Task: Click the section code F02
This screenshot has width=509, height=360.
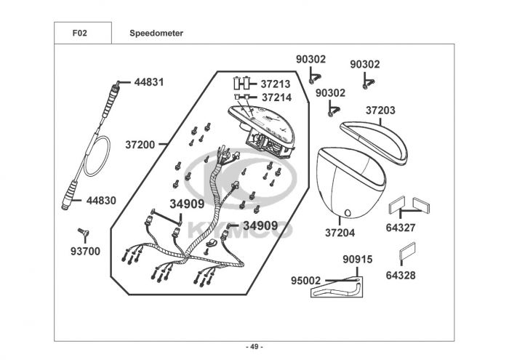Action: pyautogui.click(x=79, y=33)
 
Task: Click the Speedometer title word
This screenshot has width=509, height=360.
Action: pyautogui.click(x=156, y=33)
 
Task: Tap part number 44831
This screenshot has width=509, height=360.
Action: pyautogui.click(x=149, y=82)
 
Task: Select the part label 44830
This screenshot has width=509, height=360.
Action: pyautogui.click(x=101, y=201)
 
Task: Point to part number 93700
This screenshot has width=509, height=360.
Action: pyautogui.click(x=85, y=251)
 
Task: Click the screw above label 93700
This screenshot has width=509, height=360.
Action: pyautogui.click(x=84, y=232)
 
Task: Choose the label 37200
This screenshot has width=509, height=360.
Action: pyautogui.click(x=140, y=145)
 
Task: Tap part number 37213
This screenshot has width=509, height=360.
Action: pyautogui.click(x=276, y=84)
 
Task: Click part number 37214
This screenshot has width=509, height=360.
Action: pyautogui.click(x=276, y=97)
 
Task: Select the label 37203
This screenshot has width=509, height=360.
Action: pyautogui.click(x=380, y=111)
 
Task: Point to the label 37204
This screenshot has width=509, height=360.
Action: pyautogui.click(x=340, y=233)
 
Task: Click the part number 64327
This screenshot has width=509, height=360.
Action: pyautogui.click(x=401, y=228)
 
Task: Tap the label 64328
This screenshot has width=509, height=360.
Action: pyautogui.click(x=401, y=276)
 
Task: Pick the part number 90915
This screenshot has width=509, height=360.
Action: pyautogui.click(x=358, y=260)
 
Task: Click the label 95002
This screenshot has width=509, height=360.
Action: pyautogui.click(x=305, y=281)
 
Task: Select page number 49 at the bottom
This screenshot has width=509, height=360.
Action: pyautogui.click(x=254, y=347)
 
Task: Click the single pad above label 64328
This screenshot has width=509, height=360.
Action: pyautogui.click(x=407, y=251)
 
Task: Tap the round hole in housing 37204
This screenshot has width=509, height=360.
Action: pyautogui.click(x=348, y=213)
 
